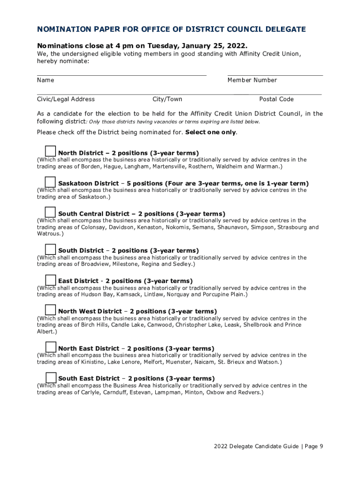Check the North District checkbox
pyautogui.click(x=50, y=151)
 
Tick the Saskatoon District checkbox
pyautogui.click(x=50, y=181)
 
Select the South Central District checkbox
pyautogui.click(x=50, y=212)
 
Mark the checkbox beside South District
pyautogui.click(x=50, y=249)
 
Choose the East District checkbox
pyautogui.click(x=50, y=279)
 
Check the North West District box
pyautogui.click(x=50, y=310)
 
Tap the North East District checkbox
pyautogui.click(x=50, y=347)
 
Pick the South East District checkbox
pyautogui.click(x=50, y=377)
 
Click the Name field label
pyautogui.click(x=45, y=80)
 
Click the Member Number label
pyautogui.click(x=252, y=80)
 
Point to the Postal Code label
pyautogui.click(x=276, y=99)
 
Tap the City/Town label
pyautogui.click(x=167, y=99)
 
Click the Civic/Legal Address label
pyautogui.click(x=66, y=99)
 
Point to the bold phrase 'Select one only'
pyautogui.click(x=210, y=132)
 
